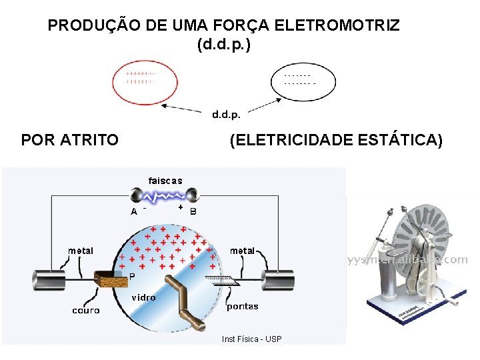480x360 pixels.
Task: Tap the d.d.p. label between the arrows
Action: pos(227,114)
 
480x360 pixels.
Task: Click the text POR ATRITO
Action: pos(70,140)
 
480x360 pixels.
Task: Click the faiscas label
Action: pos(165,181)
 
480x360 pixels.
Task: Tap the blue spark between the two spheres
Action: pos(165,196)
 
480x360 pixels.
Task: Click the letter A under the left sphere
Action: pos(134,211)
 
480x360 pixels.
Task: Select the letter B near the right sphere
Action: pos(193,212)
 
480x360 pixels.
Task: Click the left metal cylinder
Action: pos(51,278)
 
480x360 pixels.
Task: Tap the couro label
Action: pos(86,311)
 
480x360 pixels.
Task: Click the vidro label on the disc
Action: pos(143,297)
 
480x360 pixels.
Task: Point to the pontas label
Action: pos(243,307)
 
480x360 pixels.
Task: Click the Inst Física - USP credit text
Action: pos(252,339)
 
